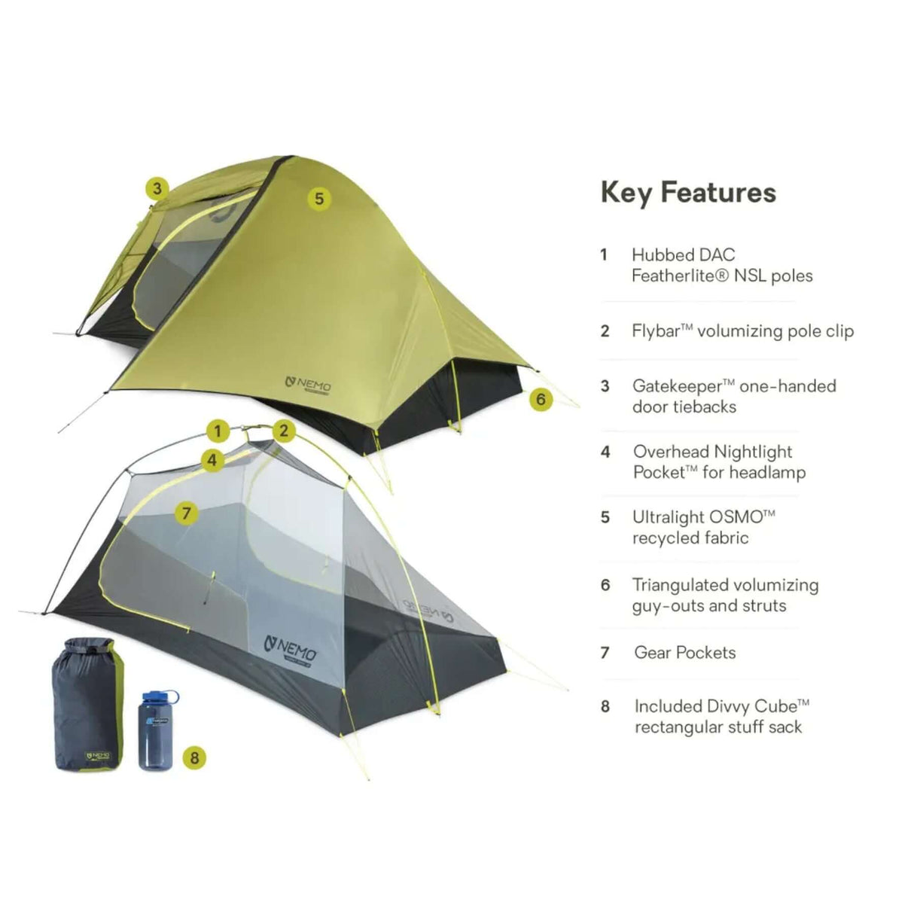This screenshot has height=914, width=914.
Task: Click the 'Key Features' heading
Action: [688, 193]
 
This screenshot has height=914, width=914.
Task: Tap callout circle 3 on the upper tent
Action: [157, 187]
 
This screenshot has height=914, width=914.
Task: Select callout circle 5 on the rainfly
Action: [319, 198]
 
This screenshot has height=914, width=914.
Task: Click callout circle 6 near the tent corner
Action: [541, 399]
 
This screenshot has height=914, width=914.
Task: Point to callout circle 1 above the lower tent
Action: [218, 431]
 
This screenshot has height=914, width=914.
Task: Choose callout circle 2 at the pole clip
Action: [284, 431]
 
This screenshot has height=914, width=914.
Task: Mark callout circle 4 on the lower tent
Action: [212, 459]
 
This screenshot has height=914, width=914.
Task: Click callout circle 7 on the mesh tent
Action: [186, 514]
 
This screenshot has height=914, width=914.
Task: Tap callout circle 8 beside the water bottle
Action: [194, 757]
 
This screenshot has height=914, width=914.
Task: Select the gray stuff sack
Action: [84, 704]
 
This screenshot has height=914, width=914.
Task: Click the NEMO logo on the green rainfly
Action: [309, 384]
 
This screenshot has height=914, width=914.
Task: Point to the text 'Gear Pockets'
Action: [685, 653]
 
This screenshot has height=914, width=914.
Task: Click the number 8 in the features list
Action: [605, 707]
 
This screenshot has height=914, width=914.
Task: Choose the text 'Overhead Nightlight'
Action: [712, 452]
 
